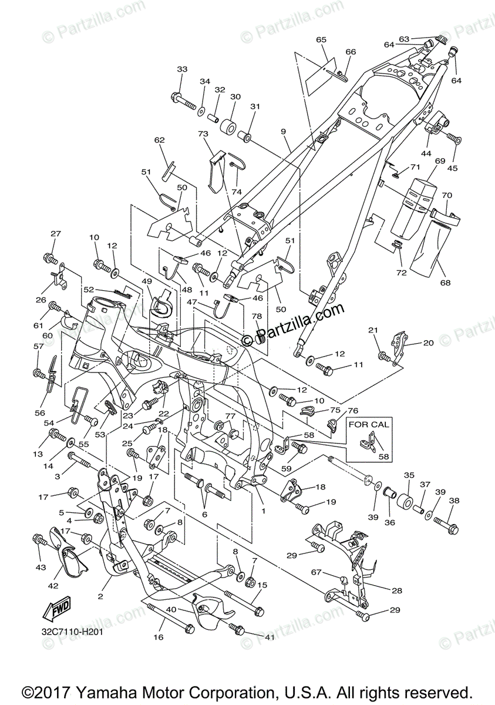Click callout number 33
[x=182, y=69]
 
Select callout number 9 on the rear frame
[x=283, y=132]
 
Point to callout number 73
[x=204, y=135]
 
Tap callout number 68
[x=445, y=283]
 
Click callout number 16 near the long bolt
[x=157, y=636]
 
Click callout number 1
[x=263, y=511]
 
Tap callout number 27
[x=55, y=234]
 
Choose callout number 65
[x=321, y=40]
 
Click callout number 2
[x=100, y=596]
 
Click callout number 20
[x=427, y=343]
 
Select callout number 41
[x=270, y=636]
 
